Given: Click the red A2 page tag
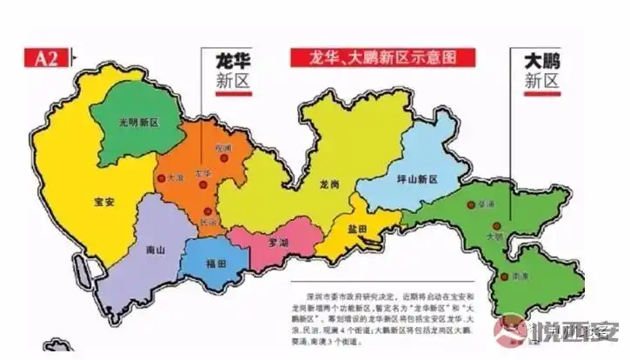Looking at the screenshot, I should (45, 59).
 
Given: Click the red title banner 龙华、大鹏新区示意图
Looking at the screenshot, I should (383, 58).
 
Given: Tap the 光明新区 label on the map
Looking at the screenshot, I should (128, 122).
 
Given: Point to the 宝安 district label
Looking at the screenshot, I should (105, 201).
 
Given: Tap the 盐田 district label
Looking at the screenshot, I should (357, 229).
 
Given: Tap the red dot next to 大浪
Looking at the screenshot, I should (161, 178).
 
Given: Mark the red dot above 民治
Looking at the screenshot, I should (207, 210).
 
